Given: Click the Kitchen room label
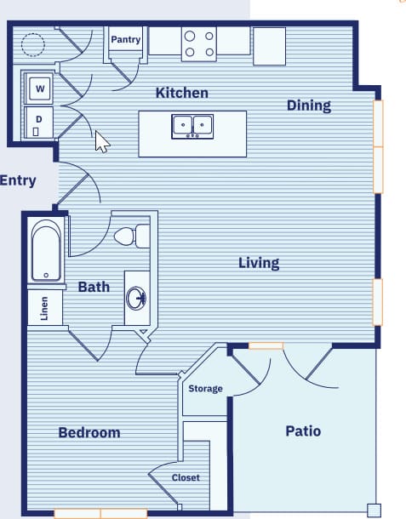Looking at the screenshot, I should click(x=181, y=93).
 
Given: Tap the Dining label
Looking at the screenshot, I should click(x=308, y=106).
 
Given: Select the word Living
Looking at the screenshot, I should click(x=259, y=263).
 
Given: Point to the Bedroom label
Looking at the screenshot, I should click(x=89, y=432).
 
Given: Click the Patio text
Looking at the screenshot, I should click(x=303, y=431).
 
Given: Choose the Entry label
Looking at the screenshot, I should click(x=18, y=180).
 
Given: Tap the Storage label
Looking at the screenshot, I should click(x=205, y=389).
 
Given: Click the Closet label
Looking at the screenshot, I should click(x=186, y=478).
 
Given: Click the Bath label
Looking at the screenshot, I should click(x=94, y=287).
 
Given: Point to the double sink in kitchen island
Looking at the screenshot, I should click(x=192, y=126).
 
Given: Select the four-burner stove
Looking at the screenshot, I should click(x=198, y=44).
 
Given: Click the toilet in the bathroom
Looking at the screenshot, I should click(x=130, y=235).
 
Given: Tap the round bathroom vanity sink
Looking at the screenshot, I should click(x=135, y=298).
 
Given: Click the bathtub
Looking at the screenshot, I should click(x=46, y=251).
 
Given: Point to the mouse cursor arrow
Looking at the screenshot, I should click(x=101, y=141).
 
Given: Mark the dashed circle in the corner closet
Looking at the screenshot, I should click(x=33, y=43).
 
